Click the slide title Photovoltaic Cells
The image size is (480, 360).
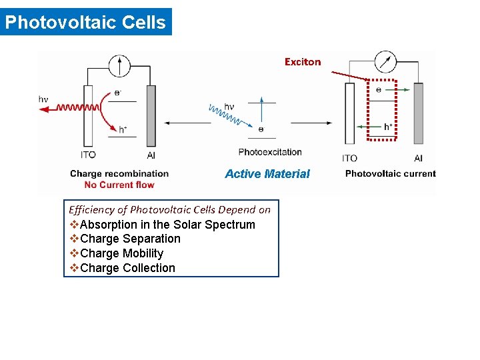point(85,22)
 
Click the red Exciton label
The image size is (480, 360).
point(303,62)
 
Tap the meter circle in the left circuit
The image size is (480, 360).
point(120,65)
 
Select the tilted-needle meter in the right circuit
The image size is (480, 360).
point(385,62)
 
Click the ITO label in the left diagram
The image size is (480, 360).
point(88,155)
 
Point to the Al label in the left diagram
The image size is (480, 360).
point(151,155)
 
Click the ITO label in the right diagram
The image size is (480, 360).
point(349,158)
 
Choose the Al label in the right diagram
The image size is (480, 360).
point(418,158)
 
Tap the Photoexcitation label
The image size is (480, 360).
point(270,152)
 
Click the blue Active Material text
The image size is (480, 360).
point(267,174)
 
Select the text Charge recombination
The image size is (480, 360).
point(119,174)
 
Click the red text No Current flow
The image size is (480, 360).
point(119,185)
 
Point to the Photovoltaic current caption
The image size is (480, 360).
point(391,174)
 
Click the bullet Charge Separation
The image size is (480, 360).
point(130,239)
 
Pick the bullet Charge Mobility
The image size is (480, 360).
point(121,253)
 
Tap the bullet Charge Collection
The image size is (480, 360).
point(127,268)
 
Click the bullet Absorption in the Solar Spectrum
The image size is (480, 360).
point(167,225)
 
